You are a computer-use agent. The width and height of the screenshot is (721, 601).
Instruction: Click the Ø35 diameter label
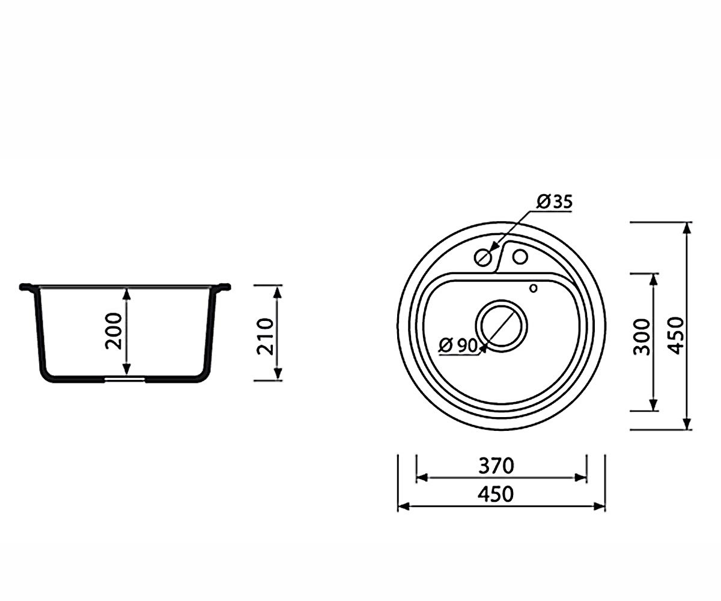[555, 202]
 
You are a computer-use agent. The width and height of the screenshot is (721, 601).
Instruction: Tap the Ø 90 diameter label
[458, 345]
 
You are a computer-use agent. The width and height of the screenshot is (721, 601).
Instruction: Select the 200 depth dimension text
[114, 331]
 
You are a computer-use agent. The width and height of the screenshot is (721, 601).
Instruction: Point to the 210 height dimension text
[265, 337]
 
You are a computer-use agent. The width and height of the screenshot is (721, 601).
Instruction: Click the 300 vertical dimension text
[642, 337]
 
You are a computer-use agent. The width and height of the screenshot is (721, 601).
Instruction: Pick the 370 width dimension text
[496, 466]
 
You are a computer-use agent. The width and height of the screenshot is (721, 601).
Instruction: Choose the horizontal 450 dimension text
[496, 494]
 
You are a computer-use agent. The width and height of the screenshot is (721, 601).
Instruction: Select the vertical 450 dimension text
[675, 335]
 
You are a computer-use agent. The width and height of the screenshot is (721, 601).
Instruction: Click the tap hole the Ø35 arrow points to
[482, 258]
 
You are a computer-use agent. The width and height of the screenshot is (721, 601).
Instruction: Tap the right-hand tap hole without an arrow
[520, 257]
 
